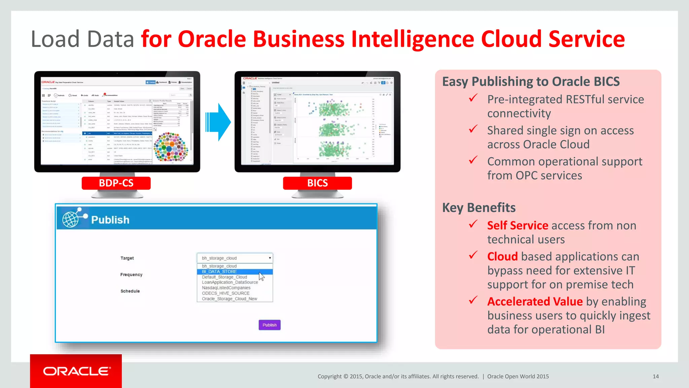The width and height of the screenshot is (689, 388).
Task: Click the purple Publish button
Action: point(269,325)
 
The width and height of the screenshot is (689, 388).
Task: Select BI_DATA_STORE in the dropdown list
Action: point(219,271)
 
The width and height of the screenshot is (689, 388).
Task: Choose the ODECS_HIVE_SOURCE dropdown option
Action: point(225,293)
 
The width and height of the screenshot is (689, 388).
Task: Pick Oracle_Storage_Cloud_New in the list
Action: point(229,299)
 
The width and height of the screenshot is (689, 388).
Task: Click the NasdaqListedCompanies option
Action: point(226,288)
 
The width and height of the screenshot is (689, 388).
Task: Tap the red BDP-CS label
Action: point(116,183)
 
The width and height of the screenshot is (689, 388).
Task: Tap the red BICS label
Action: point(317,183)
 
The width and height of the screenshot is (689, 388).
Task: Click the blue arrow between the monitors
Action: point(219,122)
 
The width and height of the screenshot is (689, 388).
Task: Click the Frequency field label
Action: point(131,275)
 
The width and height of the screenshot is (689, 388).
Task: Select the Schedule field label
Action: point(130,291)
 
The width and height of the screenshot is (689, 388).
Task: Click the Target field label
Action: point(127,258)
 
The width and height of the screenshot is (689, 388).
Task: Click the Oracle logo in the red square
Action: point(76,371)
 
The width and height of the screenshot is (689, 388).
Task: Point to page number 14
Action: point(655,377)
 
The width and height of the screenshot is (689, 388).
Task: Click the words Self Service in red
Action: point(517,226)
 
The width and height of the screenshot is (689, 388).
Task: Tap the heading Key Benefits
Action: point(478,208)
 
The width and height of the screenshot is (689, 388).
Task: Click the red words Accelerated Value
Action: point(535,302)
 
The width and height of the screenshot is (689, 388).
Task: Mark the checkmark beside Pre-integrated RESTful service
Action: point(473,98)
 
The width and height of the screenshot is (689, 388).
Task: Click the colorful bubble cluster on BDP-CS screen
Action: point(171,147)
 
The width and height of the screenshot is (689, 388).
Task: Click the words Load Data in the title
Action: point(82,39)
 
